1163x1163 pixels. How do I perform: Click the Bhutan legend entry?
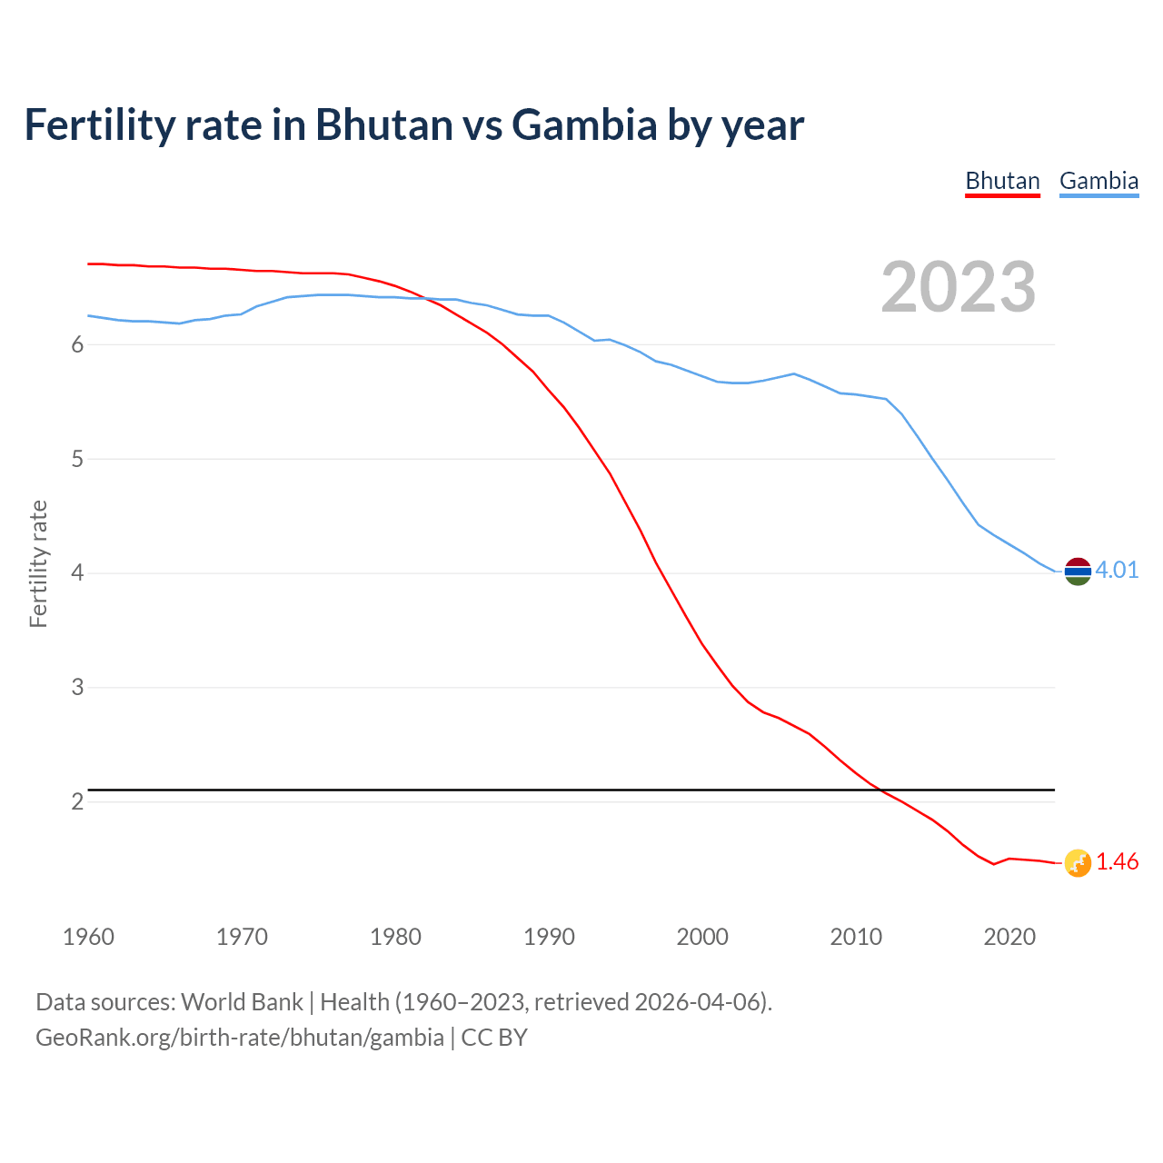1002,181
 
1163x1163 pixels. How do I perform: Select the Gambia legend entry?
1098,181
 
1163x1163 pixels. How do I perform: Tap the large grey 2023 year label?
959,287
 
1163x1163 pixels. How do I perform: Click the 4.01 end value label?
1117,570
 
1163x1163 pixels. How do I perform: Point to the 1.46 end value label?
1117,861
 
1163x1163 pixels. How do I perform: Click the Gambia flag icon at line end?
1078,572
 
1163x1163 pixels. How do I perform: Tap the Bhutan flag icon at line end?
1078,863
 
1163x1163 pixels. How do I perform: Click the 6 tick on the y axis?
78,344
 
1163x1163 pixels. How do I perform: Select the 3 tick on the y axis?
78,687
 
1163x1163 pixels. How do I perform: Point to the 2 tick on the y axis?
78,801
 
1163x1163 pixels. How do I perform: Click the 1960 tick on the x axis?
88,937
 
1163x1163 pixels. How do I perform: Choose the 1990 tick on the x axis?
549,937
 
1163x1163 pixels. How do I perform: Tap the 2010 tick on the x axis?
856,937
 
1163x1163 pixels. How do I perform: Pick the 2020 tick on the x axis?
1009,937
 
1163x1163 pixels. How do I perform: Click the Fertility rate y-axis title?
38,563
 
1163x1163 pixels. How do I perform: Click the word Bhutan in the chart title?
383,124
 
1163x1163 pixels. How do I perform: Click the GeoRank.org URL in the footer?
240,1038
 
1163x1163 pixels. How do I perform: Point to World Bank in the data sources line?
242,1002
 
